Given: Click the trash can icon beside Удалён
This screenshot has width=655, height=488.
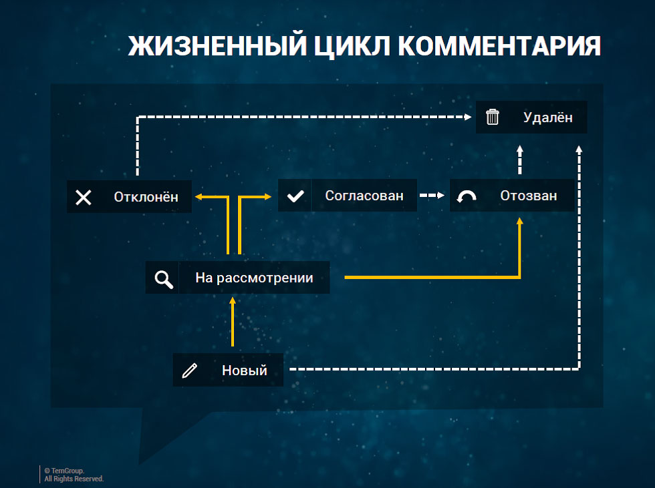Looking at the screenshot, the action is click(x=493, y=117).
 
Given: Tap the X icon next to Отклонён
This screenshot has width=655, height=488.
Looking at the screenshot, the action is click(x=83, y=198).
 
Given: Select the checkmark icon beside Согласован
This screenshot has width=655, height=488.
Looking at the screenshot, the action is click(x=295, y=196).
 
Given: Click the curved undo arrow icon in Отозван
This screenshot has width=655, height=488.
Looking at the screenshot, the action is click(x=467, y=196).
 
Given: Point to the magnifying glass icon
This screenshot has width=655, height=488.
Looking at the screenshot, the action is click(x=163, y=279).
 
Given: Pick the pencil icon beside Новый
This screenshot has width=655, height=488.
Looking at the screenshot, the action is click(x=190, y=371).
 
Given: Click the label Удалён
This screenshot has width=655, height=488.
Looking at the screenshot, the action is click(x=547, y=117).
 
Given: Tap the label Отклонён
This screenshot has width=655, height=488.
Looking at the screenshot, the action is click(x=146, y=197).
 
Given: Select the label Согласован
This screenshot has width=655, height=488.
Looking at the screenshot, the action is click(x=364, y=196).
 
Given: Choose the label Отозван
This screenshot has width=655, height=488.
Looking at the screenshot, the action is click(x=529, y=196).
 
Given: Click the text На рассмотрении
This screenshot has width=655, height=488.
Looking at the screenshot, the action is click(x=254, y=278).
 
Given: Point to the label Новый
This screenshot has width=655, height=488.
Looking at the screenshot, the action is click(x=245, y=371).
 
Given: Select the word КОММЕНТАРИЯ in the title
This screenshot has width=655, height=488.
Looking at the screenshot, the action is click(x=499, y=45).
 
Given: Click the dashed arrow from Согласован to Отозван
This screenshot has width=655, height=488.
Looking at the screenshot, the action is click(x=432, y=195).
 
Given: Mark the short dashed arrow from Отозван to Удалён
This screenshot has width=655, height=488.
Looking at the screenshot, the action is click(x=520, y=160).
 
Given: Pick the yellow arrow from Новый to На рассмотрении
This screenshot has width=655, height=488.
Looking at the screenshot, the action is click(x=233, y=322).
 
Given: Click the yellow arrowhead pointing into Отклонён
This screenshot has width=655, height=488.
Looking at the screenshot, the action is click(x=199, y=196).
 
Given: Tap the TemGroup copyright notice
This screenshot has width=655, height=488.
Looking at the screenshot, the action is click(x=74, y=475).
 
